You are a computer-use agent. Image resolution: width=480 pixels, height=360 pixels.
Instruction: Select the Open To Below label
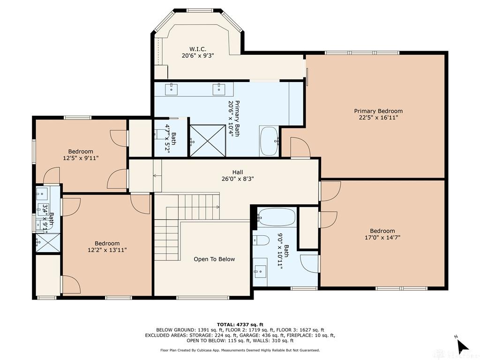[214, 259]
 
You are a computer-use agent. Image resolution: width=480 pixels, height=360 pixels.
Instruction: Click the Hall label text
[237, 172]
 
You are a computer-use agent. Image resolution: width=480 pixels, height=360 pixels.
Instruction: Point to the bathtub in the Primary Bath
[269, 141]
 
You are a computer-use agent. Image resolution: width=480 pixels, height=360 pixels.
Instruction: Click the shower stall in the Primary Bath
[207, 140]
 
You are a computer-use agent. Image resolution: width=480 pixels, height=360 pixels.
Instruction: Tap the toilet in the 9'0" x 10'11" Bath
[261, 240]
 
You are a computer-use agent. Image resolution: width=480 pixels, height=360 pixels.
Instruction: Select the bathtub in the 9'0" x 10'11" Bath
[277, 217]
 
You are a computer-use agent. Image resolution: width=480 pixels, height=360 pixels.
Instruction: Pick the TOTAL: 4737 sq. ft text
[240, 324]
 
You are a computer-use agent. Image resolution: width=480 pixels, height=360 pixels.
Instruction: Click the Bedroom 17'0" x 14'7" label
[382, 234]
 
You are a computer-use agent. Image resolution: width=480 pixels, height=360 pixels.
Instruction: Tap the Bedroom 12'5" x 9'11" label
[81, 155]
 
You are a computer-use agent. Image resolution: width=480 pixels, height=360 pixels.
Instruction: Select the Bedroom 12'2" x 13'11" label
[107, 247]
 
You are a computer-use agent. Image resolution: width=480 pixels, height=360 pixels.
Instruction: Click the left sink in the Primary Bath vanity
[172, 89]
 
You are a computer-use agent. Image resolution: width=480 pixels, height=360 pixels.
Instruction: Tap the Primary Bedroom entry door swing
[300, 148]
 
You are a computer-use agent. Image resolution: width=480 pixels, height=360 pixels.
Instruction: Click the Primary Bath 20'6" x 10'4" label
[233, 119]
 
